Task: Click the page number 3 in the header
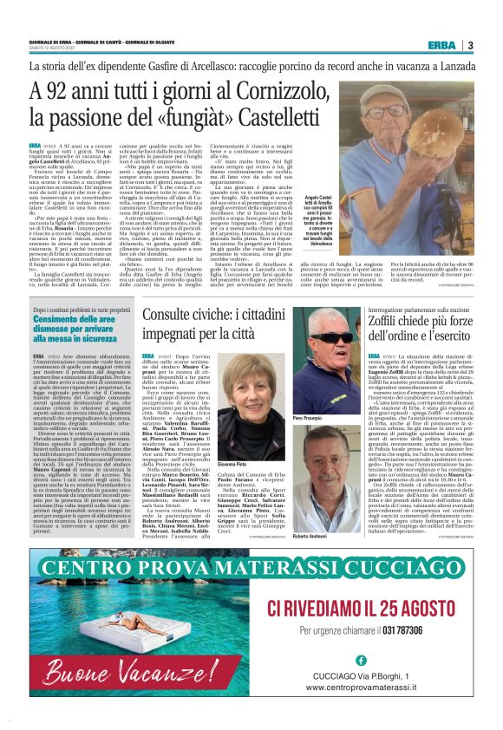click(x=469, y=45)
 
